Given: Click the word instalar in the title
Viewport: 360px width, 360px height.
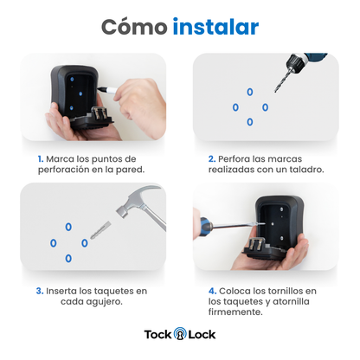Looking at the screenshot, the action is click(215, 27).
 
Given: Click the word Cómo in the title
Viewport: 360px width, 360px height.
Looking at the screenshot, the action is click(134, 27).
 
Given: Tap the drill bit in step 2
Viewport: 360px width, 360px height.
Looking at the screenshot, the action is click(281, 80).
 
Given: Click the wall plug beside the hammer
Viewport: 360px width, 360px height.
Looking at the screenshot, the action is click(100, 230).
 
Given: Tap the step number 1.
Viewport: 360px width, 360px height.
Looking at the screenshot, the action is click(41, 159).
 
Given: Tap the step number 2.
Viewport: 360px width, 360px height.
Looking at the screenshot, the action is click(212, 159).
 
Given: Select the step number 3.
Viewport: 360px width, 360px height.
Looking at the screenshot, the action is click(40, 291).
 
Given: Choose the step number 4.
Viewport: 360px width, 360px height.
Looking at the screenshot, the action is click(213, 291).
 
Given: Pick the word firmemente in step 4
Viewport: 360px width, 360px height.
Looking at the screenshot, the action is click(235, 312).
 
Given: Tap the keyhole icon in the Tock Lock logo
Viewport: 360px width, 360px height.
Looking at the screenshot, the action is click(180, 334).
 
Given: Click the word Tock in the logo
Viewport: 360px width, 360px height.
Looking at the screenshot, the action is click(158, 335).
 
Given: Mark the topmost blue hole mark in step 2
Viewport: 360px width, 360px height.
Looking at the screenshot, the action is click(250, 92).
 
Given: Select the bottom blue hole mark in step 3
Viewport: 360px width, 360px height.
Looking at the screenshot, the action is click(68, 259).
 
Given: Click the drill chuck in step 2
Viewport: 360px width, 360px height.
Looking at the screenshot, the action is click(294, 62).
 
